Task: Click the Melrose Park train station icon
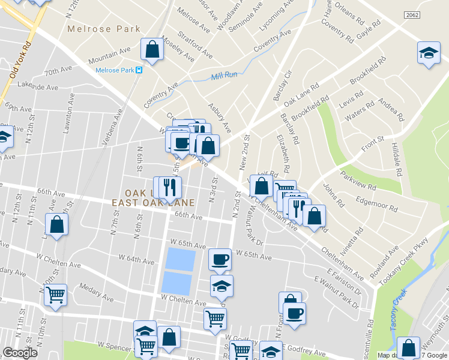click(x=139, y=70)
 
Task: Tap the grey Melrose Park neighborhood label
click(x=104, y=28)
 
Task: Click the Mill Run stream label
click(x=224, y=76)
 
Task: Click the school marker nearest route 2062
click(x=429, y=53)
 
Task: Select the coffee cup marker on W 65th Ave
click(x=220, y=259)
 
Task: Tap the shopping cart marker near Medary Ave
click(x=55, y=295)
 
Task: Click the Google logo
click(x=20, y=353)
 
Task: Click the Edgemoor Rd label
click(x=377, y=205)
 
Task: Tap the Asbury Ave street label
click(x=219, y=118)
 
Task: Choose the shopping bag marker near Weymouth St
click(x=408, y=348)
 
